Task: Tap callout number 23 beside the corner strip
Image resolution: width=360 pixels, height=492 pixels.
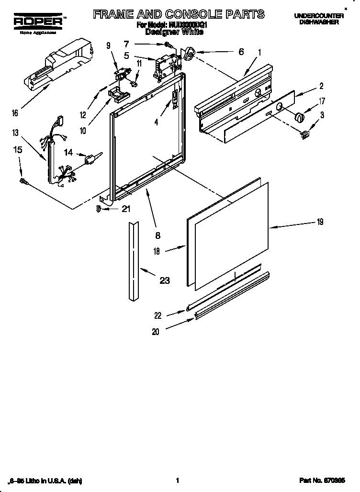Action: [164, 280]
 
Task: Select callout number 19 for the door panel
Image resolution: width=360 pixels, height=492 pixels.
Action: [320, 222]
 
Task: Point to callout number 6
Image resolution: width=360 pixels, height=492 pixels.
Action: [241, 51]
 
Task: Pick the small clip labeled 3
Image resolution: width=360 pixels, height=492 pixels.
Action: [304, 135]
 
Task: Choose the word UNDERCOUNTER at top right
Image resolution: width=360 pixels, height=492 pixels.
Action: [319, 16]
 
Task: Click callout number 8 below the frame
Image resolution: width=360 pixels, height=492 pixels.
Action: [157, 235]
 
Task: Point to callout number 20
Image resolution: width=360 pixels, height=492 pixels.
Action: [155, 331]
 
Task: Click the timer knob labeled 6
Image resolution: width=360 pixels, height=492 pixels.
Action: [189, 54]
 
